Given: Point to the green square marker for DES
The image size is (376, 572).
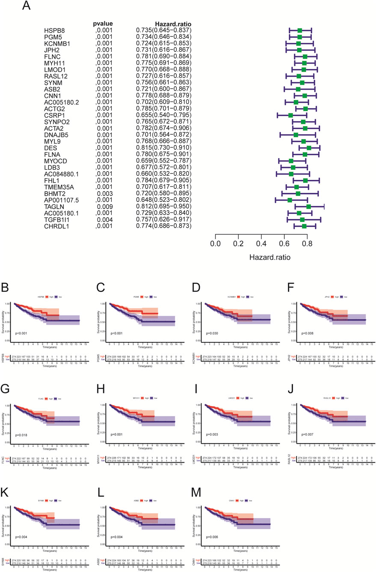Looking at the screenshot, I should point(309,148).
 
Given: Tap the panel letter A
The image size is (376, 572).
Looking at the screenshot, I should point(26,6).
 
